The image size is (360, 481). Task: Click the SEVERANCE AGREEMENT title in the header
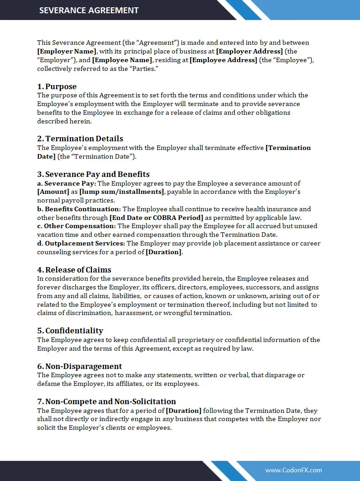[x=89, y=10]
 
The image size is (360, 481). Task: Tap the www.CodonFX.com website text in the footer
[x=293, y=470]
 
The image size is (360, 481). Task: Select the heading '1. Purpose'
[x=57, y=86]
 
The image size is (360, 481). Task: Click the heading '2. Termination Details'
[x=80, y=139]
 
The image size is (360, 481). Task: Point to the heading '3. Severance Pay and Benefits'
[x=93, y=174]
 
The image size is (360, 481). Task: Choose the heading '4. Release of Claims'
[x=74, y=270]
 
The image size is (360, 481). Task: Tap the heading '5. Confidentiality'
[x=70, y=331]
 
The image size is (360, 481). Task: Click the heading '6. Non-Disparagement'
[x=80, y=366]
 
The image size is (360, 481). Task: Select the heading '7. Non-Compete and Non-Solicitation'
[x=106, y=401]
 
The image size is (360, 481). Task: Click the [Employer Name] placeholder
[x=67, y=52]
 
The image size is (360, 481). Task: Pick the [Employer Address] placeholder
[x=249, y=52]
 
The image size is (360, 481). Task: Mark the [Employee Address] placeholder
[x=223, y=60]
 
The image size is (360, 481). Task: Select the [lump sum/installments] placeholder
[x=121, y=192]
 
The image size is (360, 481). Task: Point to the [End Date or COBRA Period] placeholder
[x=156, y=218]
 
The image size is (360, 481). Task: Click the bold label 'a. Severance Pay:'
[x=67, y=183]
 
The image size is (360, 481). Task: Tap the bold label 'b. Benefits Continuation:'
[x=79, y=209]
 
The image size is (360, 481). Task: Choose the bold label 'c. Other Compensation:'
[x=76, y=226]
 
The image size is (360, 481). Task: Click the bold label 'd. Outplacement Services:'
[x=81, y=244]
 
